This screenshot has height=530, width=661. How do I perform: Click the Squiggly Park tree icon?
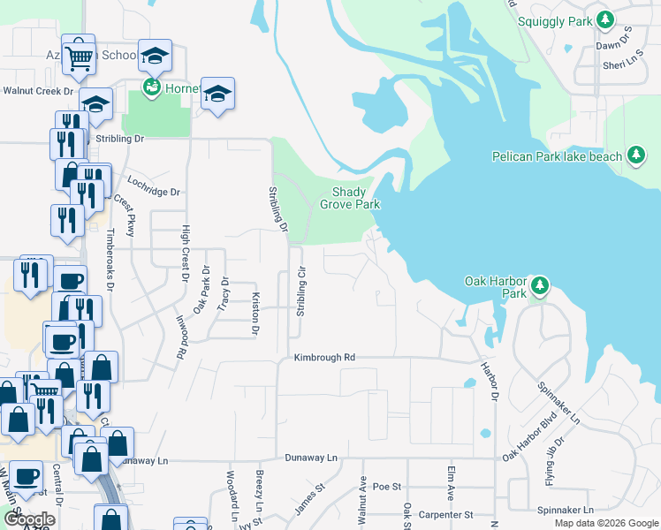pos(604,19)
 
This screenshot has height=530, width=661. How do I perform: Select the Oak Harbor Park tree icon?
pos(540,285)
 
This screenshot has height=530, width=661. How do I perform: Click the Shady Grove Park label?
pos(356,198)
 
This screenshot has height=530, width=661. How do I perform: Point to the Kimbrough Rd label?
pos(324,358)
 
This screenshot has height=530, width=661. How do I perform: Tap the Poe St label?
pos(387,487)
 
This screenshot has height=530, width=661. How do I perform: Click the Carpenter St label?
pos(446,514)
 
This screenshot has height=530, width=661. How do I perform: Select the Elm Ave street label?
pos(451,485)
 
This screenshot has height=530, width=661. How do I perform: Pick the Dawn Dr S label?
pos(615,44)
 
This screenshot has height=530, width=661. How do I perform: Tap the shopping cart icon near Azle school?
pos(80,56)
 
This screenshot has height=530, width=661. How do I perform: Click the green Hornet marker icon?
pos(151,87)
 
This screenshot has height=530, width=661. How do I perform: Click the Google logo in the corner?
pos(29,519)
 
